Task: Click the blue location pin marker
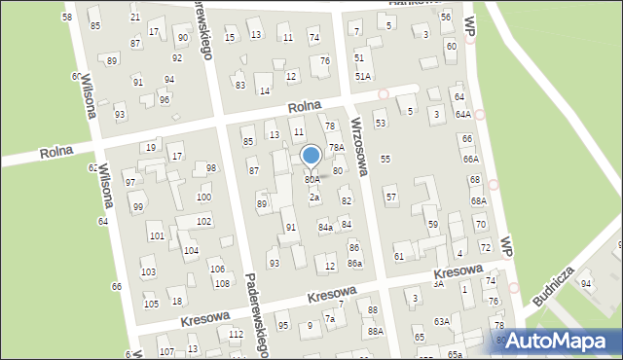tap(311, 156)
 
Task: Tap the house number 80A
tap(311, 180)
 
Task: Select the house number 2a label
tap(314, 198)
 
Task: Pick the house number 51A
tap(362, 76)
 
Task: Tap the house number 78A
tap(336, 148)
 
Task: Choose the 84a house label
tap(326, 227)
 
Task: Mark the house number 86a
tap(355, 264)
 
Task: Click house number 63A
tap(442, 320)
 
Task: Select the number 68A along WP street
tap(478, 201)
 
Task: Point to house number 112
tap(236, 334)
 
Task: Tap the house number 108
tap(222, 283)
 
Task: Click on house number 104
tap(192, 251)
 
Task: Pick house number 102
tap(203, 222)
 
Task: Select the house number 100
tap(203, 198)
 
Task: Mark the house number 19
tap(150, 147)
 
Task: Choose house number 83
tap(239, 85)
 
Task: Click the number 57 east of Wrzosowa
tap(391, 198)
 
